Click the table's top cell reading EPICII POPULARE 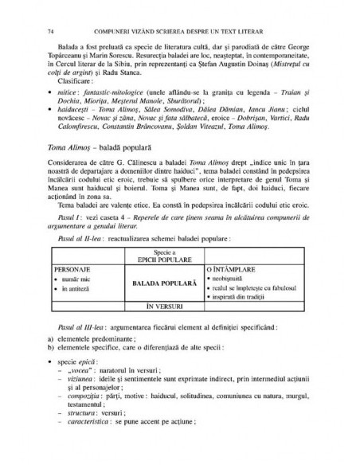162,257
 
